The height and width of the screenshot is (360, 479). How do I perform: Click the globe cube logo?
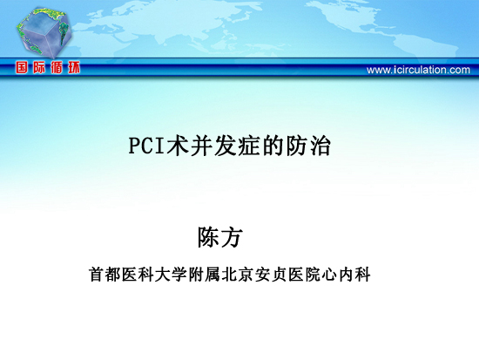click(44, 33)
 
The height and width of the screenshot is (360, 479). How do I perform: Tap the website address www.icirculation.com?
click(418, 70)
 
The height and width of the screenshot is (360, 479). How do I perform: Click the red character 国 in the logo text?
click(22, 67)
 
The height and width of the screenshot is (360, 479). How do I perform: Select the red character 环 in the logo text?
click(74, 67)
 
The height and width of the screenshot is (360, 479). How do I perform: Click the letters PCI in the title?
click(146, 146)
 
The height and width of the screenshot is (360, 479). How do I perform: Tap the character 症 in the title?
click(248, 146)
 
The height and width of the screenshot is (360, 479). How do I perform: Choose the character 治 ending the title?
click(320, 146)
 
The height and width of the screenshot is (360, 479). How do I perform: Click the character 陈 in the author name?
click(209, 237)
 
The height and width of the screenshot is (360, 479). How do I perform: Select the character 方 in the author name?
click(232, 237)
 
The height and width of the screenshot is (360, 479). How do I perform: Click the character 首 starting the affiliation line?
click(96, 275)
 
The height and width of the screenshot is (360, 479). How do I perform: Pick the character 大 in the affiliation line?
click(163, 275)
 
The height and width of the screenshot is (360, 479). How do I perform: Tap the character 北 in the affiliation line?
click(229, 275)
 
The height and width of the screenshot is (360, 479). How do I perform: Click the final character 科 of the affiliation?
click(363, 275)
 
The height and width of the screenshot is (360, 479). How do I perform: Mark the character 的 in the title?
click(273, 146)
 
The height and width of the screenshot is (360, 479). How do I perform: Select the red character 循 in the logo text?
click(57, 67)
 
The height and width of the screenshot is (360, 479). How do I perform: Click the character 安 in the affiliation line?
click(263, 275)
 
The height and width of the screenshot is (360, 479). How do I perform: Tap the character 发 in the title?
click(225, 146)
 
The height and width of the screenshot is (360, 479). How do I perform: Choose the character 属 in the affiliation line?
click(213, 275)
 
